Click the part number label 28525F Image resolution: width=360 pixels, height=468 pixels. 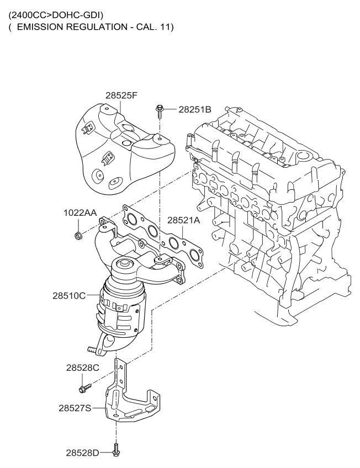click(121, 95)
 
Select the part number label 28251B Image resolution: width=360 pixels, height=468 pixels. click(195, 109)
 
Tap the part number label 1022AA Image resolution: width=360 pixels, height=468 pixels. click(80, 212)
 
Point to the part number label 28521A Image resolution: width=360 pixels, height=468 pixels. click(183, 220)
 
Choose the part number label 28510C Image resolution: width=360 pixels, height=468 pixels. click(69, 296)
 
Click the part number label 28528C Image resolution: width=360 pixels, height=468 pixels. click(83, 368)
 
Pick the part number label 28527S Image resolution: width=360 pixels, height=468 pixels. click(75, 408)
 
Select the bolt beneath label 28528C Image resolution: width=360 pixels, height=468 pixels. click(85, 388)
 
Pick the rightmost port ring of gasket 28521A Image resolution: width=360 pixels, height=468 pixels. click(194, 254)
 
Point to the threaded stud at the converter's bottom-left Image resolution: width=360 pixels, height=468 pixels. click(92, 349)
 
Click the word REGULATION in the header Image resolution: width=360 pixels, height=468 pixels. click(97, 27)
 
